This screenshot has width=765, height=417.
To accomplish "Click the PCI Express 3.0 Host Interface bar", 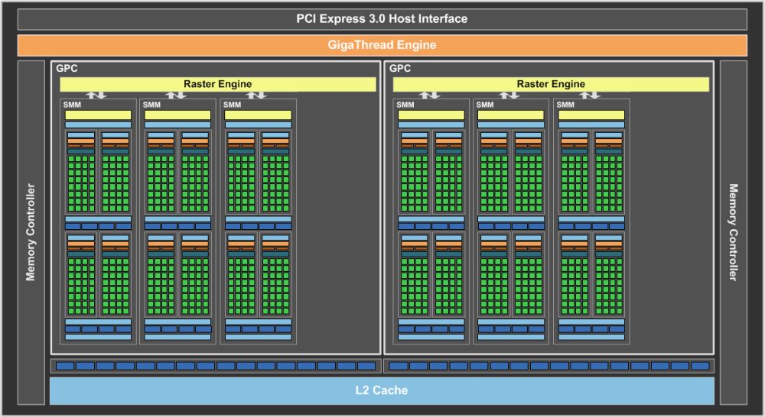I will click(x=382, y=18).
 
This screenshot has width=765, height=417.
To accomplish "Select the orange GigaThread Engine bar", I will click(x=382, y=45).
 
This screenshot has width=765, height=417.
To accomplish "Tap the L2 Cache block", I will click(x=382, y=390).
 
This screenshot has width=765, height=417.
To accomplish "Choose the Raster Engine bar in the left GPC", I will click(x=217, y=84).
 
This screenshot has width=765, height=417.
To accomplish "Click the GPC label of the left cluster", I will click(x=67, y=69).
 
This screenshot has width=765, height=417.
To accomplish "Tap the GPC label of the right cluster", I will click(x=400, y=69).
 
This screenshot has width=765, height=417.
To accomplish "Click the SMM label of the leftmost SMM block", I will click(x=72, y=105).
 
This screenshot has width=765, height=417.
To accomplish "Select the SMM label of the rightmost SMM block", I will click(x=565, y=105).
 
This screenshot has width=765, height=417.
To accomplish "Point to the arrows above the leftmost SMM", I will click(x=96, y=95).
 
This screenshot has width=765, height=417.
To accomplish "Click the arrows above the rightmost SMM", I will click(x=590, y=95).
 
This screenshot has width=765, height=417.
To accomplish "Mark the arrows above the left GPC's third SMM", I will click(x=256, y=95).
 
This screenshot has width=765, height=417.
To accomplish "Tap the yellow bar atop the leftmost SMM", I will click(x=98, y=115).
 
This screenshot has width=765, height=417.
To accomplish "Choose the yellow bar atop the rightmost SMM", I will click(x=591, y=115).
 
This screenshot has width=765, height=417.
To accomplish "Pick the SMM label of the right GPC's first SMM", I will click(x=405, y=105).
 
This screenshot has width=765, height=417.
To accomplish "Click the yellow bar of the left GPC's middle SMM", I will click(x=177, y=115).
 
